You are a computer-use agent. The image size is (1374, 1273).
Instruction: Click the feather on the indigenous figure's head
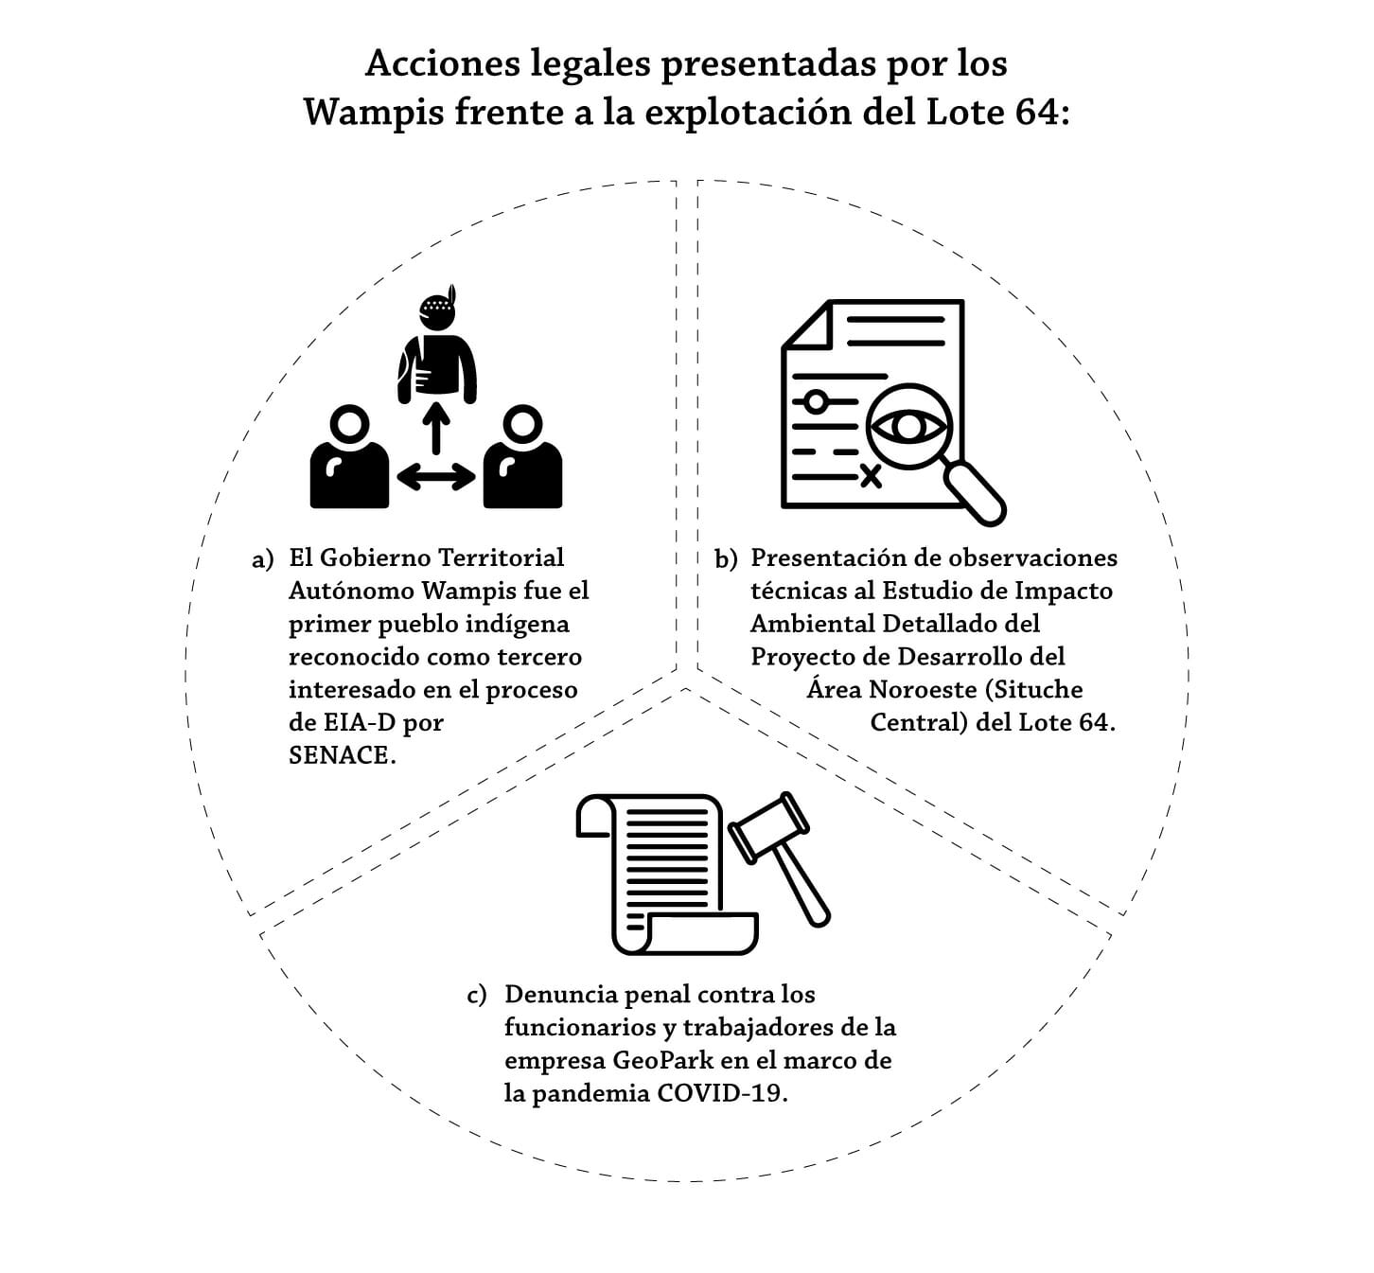pyautogui.click(x=451, y=294)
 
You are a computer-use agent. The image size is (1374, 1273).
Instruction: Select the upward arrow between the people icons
pyautogui.click(x=436, y=428)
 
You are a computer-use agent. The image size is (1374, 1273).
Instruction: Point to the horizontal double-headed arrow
pyautogui.click(x=436, y=476)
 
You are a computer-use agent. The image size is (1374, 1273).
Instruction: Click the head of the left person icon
pyautogui.click(x=349, y=424)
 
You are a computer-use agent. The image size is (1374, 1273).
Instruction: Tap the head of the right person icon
pyautogui.click(x=522, y=424)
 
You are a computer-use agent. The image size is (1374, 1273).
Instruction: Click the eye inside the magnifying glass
pyautogui.click(x=907, y=427)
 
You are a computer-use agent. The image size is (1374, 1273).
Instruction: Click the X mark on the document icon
pyautogui.click(x=871, y=476)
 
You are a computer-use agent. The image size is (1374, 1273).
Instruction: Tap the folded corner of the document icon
pyautogui.click(x=807, y=325)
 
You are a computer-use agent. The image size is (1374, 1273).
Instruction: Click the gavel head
pyautogui.click(x=769, y=828)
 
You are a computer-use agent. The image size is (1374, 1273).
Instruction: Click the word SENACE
pyautogui.click(x=342, y=755)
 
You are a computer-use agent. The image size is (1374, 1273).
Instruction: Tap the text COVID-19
pyautogui.click(x=722, y=1093)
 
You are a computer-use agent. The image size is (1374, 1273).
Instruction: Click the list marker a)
pyautogui.click(x=263, y=559)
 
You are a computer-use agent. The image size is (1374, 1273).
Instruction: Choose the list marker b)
pyautogui.click(x=726, y=559)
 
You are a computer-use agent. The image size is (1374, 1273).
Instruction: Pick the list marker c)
pyautogui.click(x=477, y=996)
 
